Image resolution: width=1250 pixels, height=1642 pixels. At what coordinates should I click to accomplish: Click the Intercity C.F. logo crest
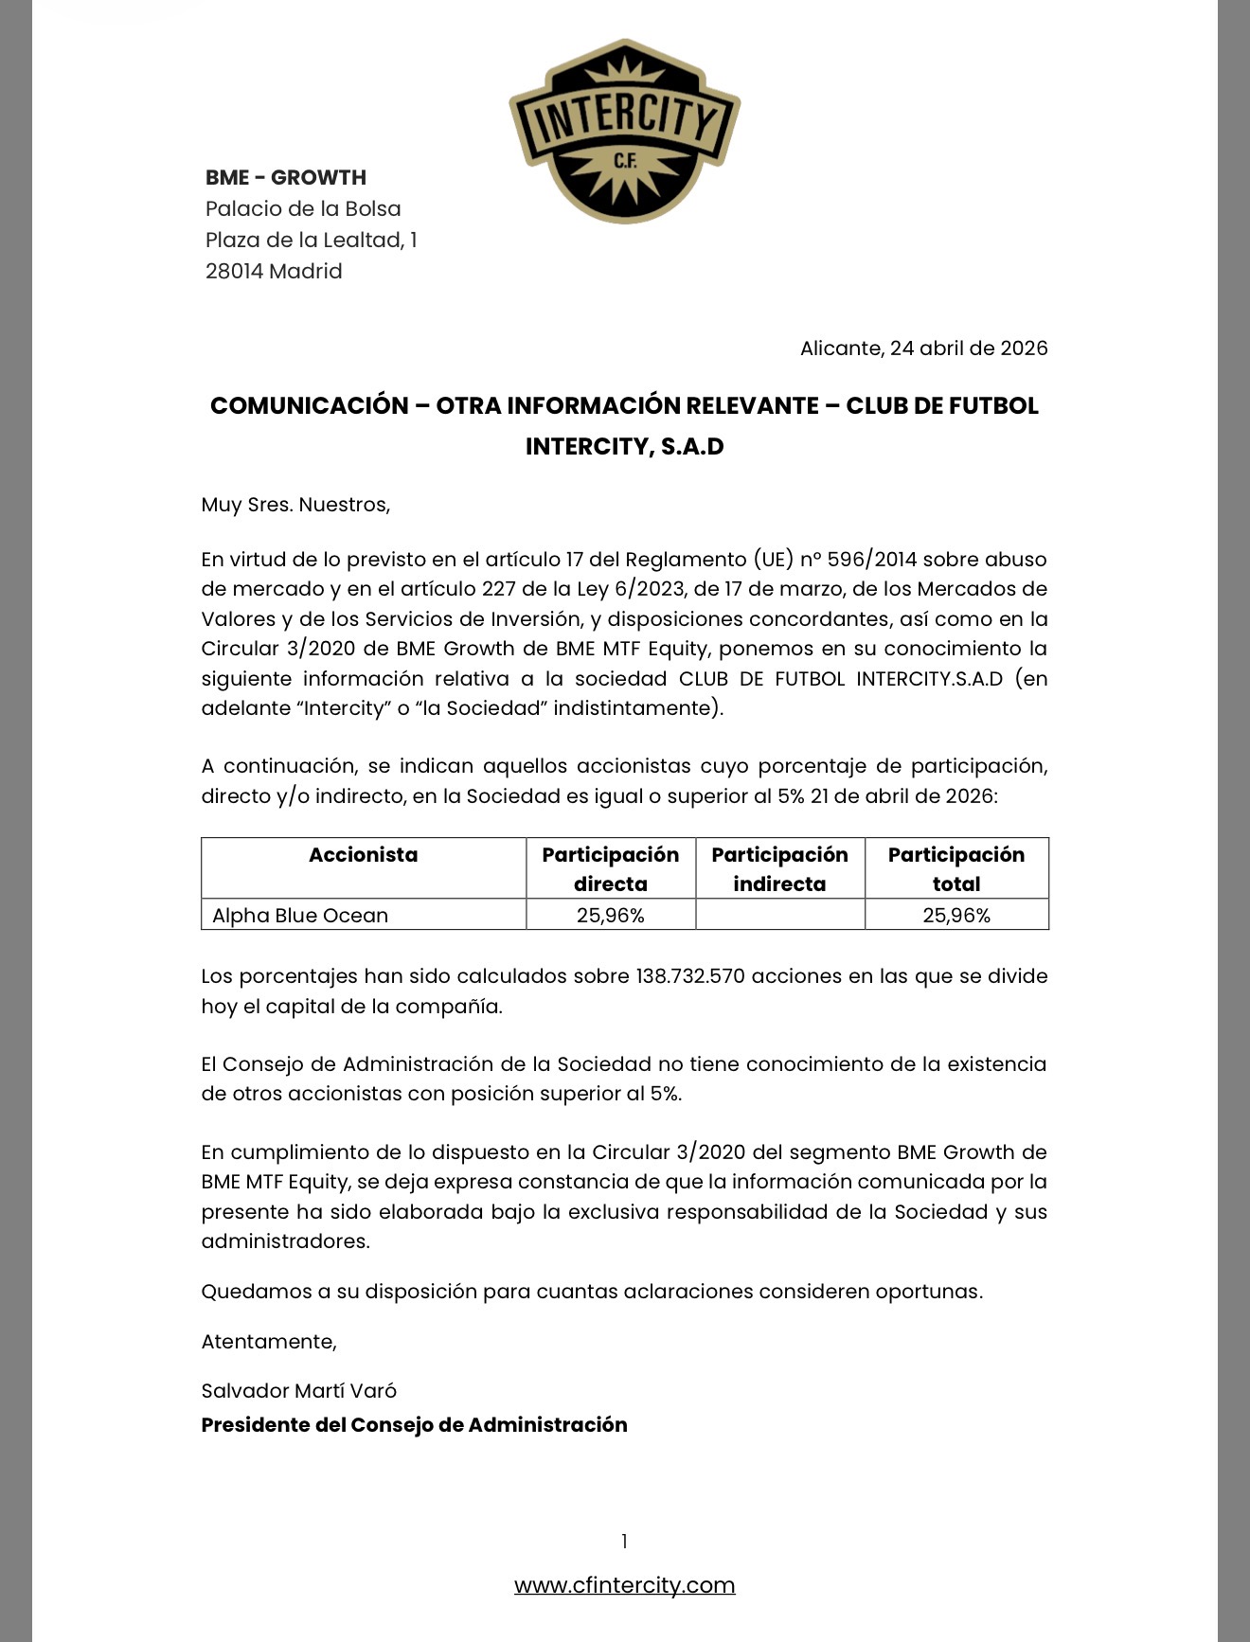coord(625,131)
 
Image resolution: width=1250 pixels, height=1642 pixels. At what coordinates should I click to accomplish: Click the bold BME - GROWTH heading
coord(286,177)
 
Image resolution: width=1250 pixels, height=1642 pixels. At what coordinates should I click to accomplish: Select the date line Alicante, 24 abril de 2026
coord(923,348)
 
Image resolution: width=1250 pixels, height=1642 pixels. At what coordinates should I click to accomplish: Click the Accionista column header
coord(363,855)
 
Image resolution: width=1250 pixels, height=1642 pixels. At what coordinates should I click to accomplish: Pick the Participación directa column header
coord(610,868)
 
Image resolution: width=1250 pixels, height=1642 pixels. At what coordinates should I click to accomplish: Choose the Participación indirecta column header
coord(779,868)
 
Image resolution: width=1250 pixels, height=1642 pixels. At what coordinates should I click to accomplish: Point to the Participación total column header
coord(955,868)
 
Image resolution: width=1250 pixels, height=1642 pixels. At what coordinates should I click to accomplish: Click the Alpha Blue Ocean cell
coord(300,915)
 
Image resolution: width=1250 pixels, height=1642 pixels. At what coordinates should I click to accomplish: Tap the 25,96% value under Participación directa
coord(610,915)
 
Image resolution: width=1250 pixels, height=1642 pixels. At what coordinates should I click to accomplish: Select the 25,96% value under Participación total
coord(955,915)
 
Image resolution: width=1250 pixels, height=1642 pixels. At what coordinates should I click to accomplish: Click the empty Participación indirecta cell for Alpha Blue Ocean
coord(779,915)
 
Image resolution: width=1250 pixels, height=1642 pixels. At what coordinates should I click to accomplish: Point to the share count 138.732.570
coord(689,975)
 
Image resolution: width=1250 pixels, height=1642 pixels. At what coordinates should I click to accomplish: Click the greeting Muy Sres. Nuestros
coord(295,504)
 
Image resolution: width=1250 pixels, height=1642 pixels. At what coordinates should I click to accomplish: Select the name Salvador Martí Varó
coord(298,1390)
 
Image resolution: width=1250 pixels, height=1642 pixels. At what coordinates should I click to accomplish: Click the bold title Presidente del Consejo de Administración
coord(414,1424)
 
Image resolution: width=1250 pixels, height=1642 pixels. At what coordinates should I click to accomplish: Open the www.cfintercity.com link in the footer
coord(624,1585)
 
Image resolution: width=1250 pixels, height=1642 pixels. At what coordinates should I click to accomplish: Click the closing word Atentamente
coord(268,1341)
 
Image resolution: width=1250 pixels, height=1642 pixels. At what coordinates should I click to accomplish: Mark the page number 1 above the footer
coord(624,1542)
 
